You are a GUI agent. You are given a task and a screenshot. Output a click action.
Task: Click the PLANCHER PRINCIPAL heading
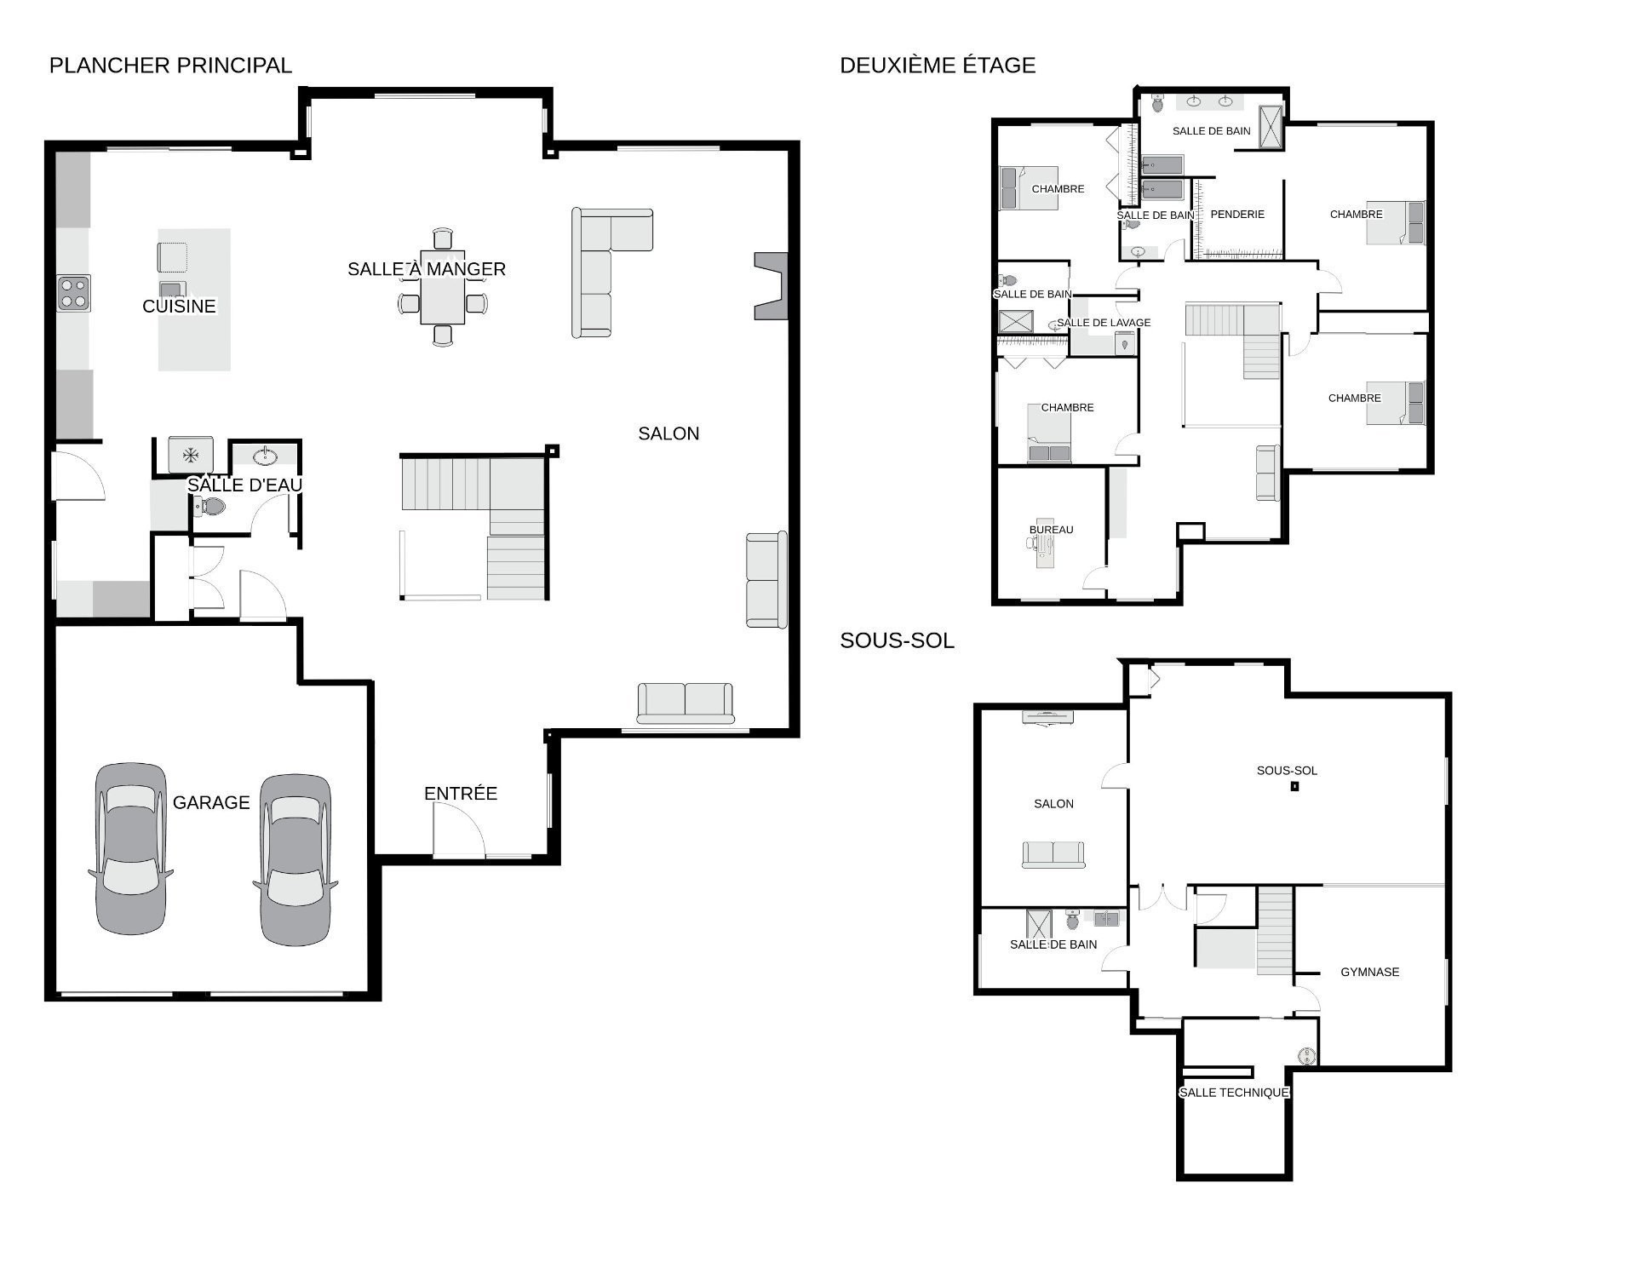pos(170,66)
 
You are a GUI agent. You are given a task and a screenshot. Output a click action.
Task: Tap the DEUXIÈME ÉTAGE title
pos(938,66)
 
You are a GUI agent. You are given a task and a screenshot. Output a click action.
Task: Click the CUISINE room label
pos(179,307)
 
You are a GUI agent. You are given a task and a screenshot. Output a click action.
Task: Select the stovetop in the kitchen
pos(73,293)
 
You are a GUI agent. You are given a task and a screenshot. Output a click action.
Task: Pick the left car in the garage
pos(130,848)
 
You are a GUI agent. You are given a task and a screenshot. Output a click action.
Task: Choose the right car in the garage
pos(295,860)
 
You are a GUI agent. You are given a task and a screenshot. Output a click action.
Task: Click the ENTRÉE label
pos(461,794)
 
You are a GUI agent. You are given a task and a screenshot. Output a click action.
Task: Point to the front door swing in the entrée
pos(459,830)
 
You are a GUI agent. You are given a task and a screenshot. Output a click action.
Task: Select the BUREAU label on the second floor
pos(1051,530)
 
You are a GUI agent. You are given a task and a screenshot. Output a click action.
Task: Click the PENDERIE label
pos(1237,215)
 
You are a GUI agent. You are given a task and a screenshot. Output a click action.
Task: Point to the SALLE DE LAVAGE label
pos(1104,323)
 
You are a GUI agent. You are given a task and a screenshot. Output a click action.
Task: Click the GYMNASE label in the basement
pos(1369,972)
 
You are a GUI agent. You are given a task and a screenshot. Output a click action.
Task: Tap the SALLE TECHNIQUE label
pos(1234,1093)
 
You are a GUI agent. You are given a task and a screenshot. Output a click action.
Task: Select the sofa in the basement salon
pos(1053,854)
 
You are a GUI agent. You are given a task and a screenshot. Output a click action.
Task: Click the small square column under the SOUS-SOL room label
pos(1294,786)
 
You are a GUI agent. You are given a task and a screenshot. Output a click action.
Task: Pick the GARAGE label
pos(211,803)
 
